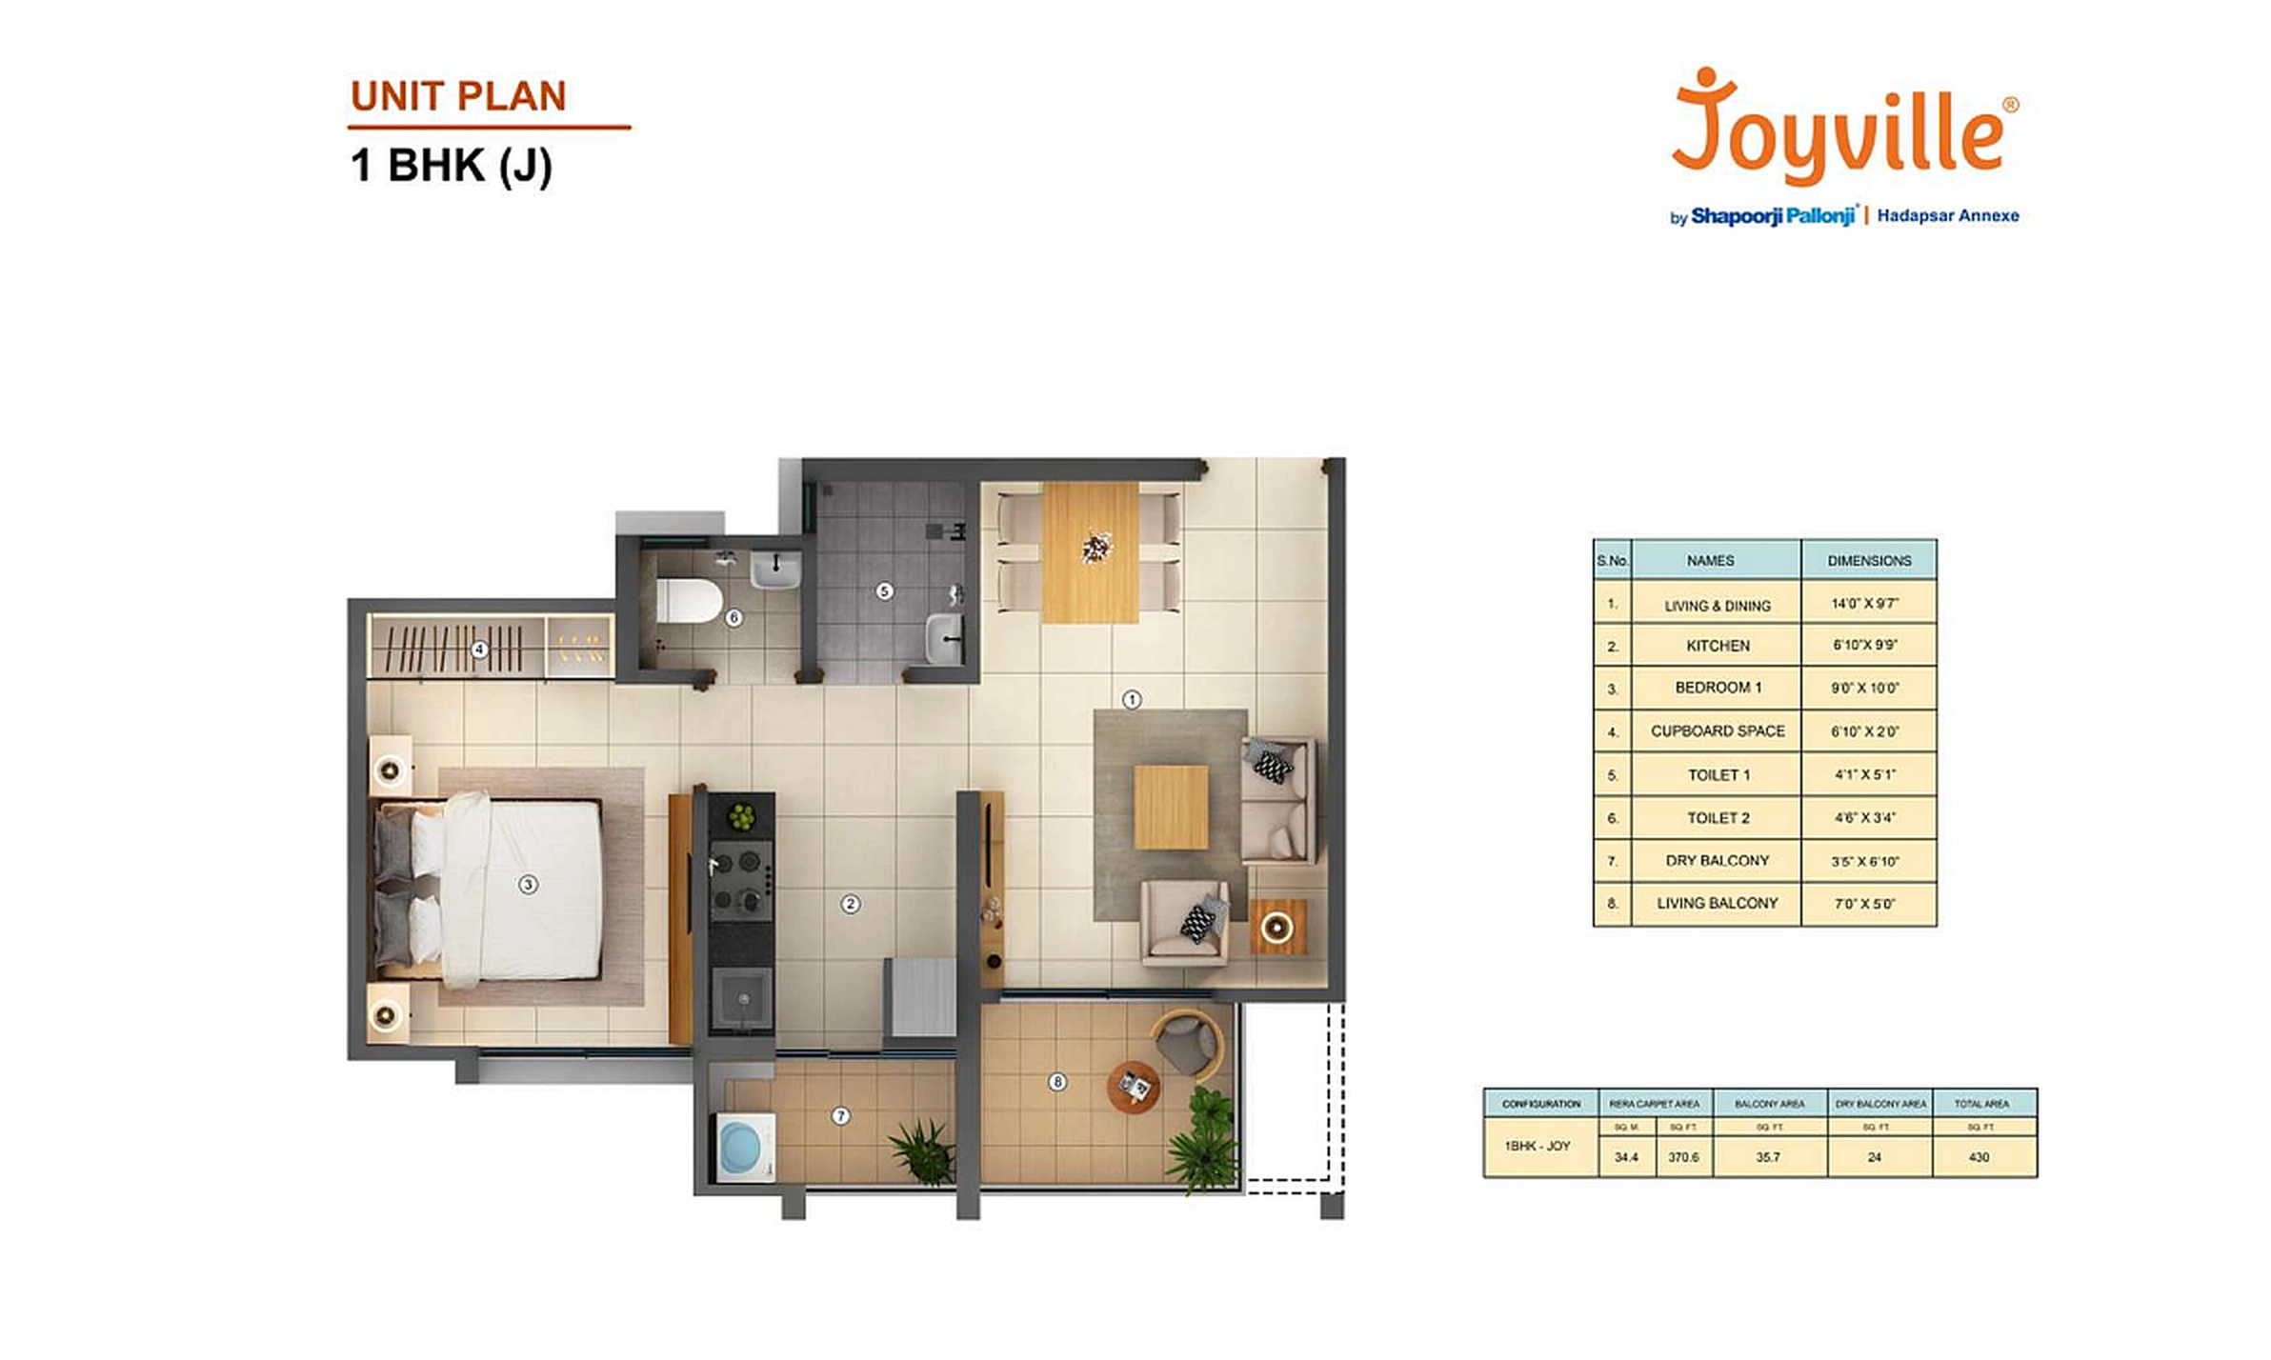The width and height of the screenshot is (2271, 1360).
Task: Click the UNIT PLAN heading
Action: pyautogui.click(x=458, y=96)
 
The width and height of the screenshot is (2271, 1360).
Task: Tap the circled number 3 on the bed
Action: pyautogui.click(x=528, y=885)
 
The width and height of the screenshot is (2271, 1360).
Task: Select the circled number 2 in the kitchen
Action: pyautogui.click(x=851, y=904)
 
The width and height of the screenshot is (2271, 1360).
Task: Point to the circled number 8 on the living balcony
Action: pyautogui.click(x=1056, y=1082)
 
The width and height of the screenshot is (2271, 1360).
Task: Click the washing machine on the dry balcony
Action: pyautogui.click(x=745, y=1149)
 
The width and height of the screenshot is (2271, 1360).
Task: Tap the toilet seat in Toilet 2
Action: pyautogui.click(x=689, y=601)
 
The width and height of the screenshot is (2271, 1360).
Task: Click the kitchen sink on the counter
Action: pyautogui.click(x=743, y=998)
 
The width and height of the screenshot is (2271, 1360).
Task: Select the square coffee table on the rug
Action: pyautogui.click(x=1171, y=808)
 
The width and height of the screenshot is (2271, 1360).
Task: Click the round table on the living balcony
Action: pyautogui.click(x=1134, y=1086)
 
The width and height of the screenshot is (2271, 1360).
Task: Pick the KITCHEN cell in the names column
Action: pyautogui.click(x=1717, y=646)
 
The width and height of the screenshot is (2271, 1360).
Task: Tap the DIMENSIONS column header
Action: pyautogui.click(x=1868, y=561)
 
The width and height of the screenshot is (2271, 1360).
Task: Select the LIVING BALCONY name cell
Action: pyautogui.click(x=1717, y=903)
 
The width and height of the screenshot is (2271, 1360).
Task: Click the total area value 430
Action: pyautogui.click(x=1979, y=1157)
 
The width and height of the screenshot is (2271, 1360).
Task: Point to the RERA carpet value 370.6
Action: pyautogui.click(x=1682, y=1157)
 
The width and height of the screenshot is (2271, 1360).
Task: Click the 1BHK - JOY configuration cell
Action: pyautogui.click(x=1537, y=1147)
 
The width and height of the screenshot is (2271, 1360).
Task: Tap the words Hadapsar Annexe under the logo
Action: pyautogui.click(x=1947, y=216)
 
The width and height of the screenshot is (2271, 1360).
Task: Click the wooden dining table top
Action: pyautogui.click(x=1090, y=552)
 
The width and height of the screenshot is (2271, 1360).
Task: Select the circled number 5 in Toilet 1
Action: pyautogui.click(x=884, y=591)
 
